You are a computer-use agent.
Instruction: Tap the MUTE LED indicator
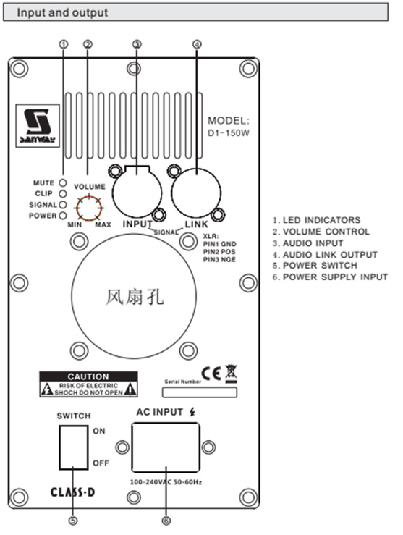(64, 183)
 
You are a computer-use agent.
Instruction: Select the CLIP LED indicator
(64, 194)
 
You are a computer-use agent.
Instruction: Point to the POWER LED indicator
(64, 216)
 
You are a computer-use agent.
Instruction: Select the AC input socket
(165, 447)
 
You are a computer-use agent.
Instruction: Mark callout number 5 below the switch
(73, 518)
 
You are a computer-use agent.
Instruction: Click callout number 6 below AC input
(166, 518)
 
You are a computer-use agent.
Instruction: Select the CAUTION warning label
(88, 385)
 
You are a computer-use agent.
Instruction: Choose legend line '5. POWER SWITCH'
(316, 265)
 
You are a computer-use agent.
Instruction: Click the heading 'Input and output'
(62, 12)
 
